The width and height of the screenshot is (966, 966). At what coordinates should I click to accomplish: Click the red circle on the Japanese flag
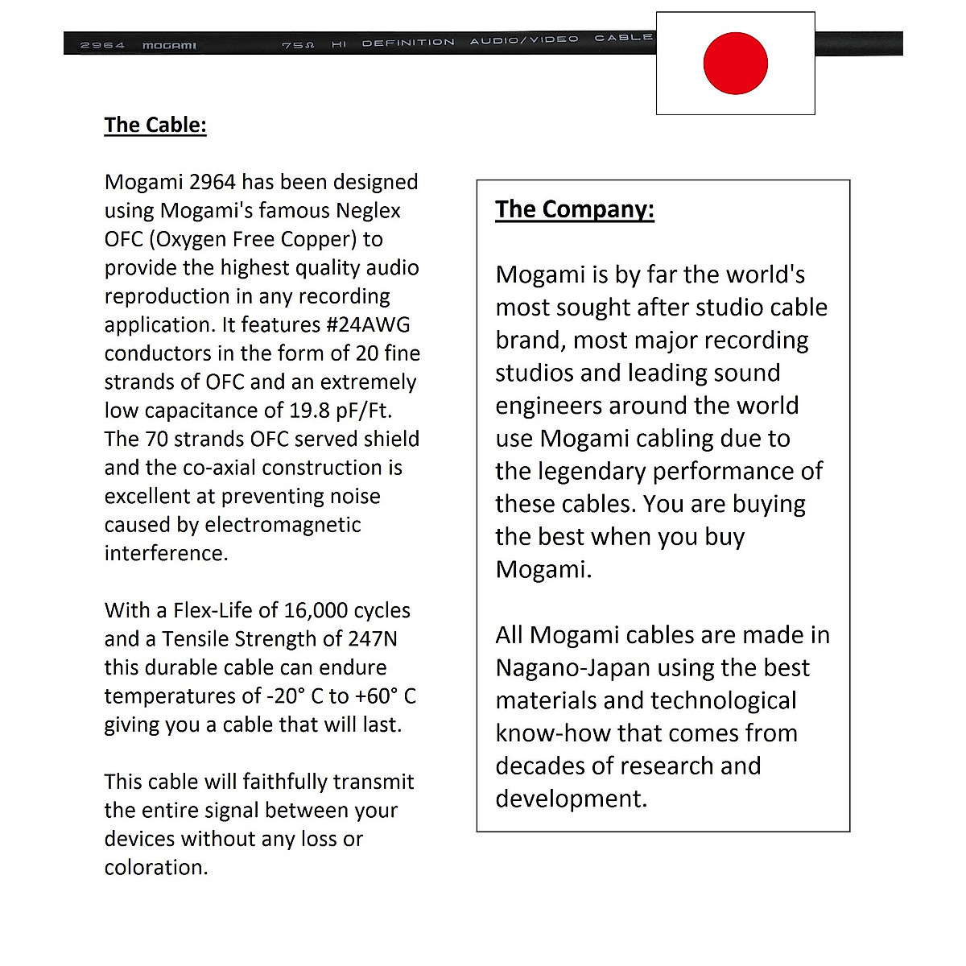pyautogui.click(x=735, y=63)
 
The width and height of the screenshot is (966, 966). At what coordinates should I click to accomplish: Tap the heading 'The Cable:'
pyautogui.click(x=155, y=125)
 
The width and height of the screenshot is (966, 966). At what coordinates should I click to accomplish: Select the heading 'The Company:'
pyautogui.click(x=575, y=209)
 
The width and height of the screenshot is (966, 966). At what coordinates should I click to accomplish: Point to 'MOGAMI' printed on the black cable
pyautogui.click(x=169, y=46)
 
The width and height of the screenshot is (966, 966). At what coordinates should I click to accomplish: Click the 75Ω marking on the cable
pyautogui.click(x=298, y=45)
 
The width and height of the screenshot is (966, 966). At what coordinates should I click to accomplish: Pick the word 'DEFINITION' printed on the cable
pyautogui.click(x=408, y=43)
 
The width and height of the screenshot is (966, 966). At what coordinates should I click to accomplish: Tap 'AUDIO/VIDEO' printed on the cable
pyautogui.click(x=524, y=39)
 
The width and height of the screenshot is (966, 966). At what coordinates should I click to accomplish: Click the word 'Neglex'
pyautogui.click(x=368, y=211)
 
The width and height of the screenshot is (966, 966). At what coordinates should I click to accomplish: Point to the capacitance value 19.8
pyautogui.click(x=309, y=411)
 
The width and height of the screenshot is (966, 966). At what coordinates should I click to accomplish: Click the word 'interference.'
pyautogui.click(x=166, y=554)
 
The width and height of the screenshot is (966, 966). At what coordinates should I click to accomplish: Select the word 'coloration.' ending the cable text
pyautogui.click(x=156, y=868)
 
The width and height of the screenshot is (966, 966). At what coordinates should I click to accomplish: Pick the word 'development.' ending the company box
pyautogui.click(x=571, y=799)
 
